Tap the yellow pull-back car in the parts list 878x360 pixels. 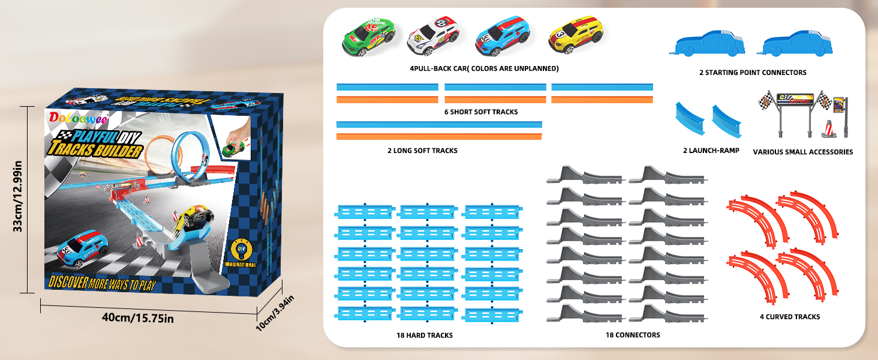pyautogui.click(x=575, y=35)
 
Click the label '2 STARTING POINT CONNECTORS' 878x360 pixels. pyautogui.click(x=753, y=73)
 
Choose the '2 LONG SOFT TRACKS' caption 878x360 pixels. pyautogui.click(x=422, y=151)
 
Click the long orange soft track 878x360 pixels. pyautogui.click(x=439, y=137)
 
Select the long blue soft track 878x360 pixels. pyautogui.click(x=439, y=124)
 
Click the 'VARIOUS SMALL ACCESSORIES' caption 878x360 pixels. pyautogui.click(x=802, y=152)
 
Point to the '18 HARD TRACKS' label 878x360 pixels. pyautogui.click(x=424, y=335)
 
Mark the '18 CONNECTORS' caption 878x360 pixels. pyautogui.click(x=632, y=335)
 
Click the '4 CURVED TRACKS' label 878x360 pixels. pyautogui.click(x=789, y=317)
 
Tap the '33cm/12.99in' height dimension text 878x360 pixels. pyautogui.click(x=19, y=195)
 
